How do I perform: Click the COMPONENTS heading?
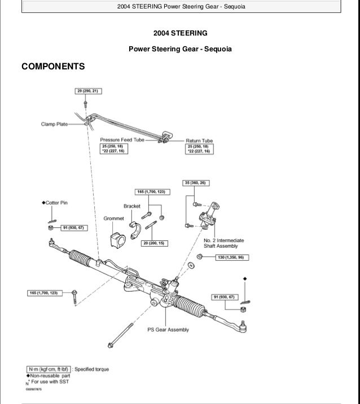(53, 67)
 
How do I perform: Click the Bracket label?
(131, 207)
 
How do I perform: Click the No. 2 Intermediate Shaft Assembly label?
(221, 243)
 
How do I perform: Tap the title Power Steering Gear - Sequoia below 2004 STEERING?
(180, 49)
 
